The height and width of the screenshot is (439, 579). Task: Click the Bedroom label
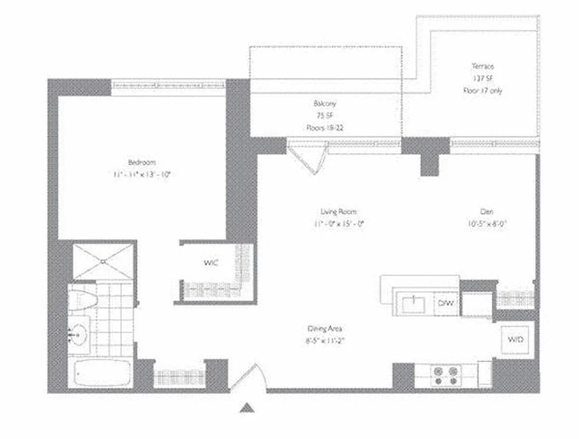[142, 162]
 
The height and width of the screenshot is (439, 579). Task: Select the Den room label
[487, 211]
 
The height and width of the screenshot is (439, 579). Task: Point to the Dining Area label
[325, 329]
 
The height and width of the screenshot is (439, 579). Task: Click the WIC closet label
[211, 263]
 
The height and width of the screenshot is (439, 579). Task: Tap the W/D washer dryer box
[515, 340]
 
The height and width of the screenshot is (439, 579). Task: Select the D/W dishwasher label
[443, 303]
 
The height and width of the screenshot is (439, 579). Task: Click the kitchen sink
[413, 303]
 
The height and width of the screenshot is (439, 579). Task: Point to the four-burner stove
[445, 376]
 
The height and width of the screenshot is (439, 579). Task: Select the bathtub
[102, 374]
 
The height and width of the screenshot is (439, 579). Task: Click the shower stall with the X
[103, 262]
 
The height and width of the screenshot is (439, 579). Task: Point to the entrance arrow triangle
[248, 407]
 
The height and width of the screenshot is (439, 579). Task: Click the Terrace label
[482, 66]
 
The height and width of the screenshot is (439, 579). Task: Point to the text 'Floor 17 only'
[482, 91]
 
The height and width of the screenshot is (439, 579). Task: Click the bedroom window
[168, 85]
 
